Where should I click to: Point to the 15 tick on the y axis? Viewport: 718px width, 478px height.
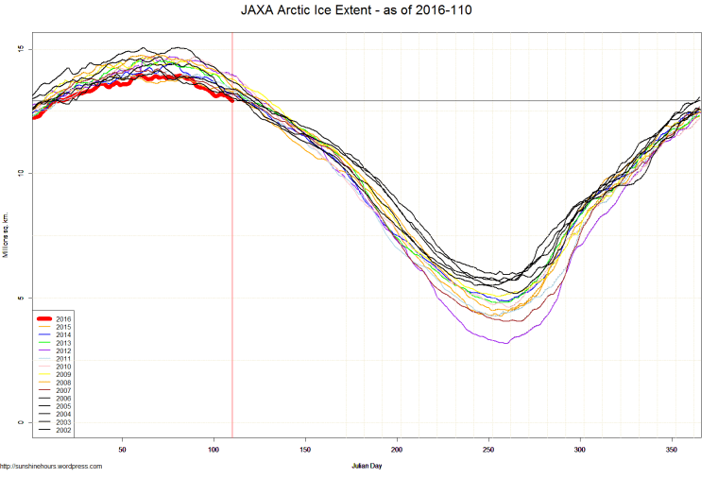[21, 49]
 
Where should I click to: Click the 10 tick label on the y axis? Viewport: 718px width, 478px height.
[21, 173]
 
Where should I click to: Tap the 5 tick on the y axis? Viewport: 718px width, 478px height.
[23, 298]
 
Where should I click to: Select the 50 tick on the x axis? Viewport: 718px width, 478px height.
[122, 450]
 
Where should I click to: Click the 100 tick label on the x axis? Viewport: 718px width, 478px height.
[214, 450]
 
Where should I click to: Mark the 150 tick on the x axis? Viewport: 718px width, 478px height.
[305, 450]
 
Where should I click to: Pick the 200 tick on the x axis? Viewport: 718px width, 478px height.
[397, 450]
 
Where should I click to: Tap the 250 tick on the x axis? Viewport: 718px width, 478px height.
[488, 450]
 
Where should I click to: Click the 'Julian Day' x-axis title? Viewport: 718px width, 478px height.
[364, 466]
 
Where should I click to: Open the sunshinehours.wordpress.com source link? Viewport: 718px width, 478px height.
[51, 466]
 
